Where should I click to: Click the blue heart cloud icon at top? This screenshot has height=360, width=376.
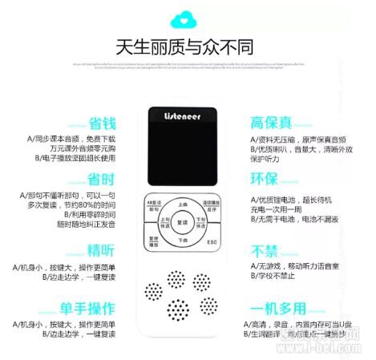[x=188, y=17]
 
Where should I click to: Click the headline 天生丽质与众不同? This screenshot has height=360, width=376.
[x=188, y=46]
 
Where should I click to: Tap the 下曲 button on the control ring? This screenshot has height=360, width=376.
[x=183, y=238]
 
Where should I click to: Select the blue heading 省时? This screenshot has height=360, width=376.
[x=101, y=178]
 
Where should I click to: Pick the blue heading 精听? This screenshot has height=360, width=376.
[x=101, y=249]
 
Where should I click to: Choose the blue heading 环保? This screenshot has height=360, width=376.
[x=264, y=178]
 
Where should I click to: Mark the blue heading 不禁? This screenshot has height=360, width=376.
[x=264, y=249]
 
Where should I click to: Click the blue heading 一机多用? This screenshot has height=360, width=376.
[x=277, y=309]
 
